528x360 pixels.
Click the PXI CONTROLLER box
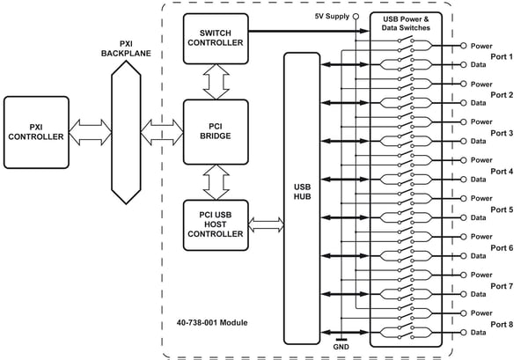pos(36,132)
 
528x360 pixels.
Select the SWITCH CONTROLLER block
pos(216,39)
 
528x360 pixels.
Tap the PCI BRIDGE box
pos(216,132)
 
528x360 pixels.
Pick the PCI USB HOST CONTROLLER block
pos(216,225)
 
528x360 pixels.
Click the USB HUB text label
pos(302,192)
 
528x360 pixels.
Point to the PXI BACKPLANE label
pos(126,48)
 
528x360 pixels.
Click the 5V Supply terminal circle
pos(356,16)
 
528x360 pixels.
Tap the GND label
pos(341,347)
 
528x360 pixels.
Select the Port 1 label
pos(502,56)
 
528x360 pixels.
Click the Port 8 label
pos(502,324)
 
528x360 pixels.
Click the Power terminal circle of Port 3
pos(464,121)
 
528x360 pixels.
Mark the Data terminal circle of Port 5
pos(464,217)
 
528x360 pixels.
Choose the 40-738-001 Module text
pos(212,323)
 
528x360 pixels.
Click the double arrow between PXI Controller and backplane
pos(91,132)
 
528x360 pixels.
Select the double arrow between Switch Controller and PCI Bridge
pos(216,82)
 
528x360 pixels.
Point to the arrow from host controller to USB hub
pos(266,225)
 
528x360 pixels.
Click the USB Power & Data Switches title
pos(406,24)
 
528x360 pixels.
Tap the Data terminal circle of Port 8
pos(464,333)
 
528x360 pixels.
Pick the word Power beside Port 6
pos(481,237)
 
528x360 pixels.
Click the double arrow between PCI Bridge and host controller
pos(216,182)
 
